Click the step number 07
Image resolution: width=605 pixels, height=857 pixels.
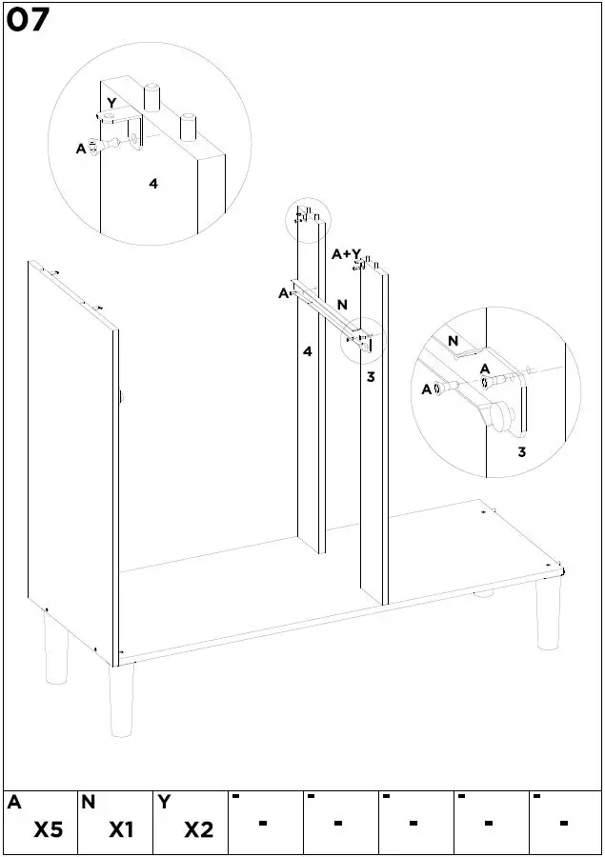click(x=28, y=20)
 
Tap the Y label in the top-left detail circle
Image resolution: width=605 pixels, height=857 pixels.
click(x=111, y=103)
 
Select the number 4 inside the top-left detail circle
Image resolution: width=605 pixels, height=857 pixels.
click(x=152, y=184)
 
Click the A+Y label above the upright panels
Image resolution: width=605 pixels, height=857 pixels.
click(x=346, y=254)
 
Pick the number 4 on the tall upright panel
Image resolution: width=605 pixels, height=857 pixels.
click(x=307, y=351)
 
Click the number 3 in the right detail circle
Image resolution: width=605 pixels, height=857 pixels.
click(x=521, y=451)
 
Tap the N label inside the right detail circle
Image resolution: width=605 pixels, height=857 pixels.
click(x=453, y=340)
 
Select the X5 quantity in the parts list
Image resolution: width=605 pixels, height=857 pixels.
click(x=49, y=830)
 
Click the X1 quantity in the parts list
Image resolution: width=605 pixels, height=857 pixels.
click(x=120, y=830)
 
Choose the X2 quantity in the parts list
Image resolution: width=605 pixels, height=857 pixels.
click(x=198, y=830)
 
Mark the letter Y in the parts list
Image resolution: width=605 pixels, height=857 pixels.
click(x=164, y=803)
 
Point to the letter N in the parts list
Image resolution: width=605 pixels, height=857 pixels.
click(x=89, y=803)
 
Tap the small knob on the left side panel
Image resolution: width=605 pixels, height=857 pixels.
click(x=123, y=394)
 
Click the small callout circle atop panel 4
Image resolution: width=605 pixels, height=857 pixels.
click(x=307, y=219)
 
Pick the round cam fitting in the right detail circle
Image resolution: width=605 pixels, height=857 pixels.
click(x=498, y=415)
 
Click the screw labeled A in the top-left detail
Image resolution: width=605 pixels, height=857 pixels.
click(x=98, y=147)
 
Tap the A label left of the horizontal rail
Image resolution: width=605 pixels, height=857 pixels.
click(x=283, y=293)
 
